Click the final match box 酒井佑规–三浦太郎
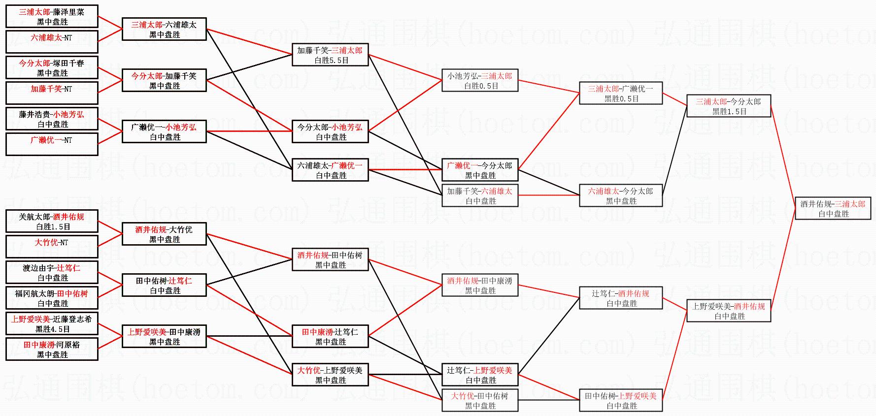coord(833,208)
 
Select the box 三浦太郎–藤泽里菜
coord(52,16)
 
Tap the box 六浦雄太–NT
coord(52,42)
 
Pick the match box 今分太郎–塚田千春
coord(52,67)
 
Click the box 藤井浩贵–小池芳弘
coord(52,119)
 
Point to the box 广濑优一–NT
coord(52,144)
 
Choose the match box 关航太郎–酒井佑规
coord(52,221)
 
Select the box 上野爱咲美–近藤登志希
coord(52,323)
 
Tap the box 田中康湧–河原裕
coord(52,349)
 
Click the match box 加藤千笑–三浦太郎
coord(330,55)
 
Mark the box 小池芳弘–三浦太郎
coord(480,80)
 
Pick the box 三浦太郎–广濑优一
coord(620,93)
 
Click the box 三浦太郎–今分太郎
coord(728,106)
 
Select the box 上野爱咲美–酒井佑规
coord(728,311)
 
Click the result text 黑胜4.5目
coord(52,329)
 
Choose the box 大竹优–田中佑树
coord(480,400)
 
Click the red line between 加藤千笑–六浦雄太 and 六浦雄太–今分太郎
coord(548,195)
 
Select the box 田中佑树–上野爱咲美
coord(620,400)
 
